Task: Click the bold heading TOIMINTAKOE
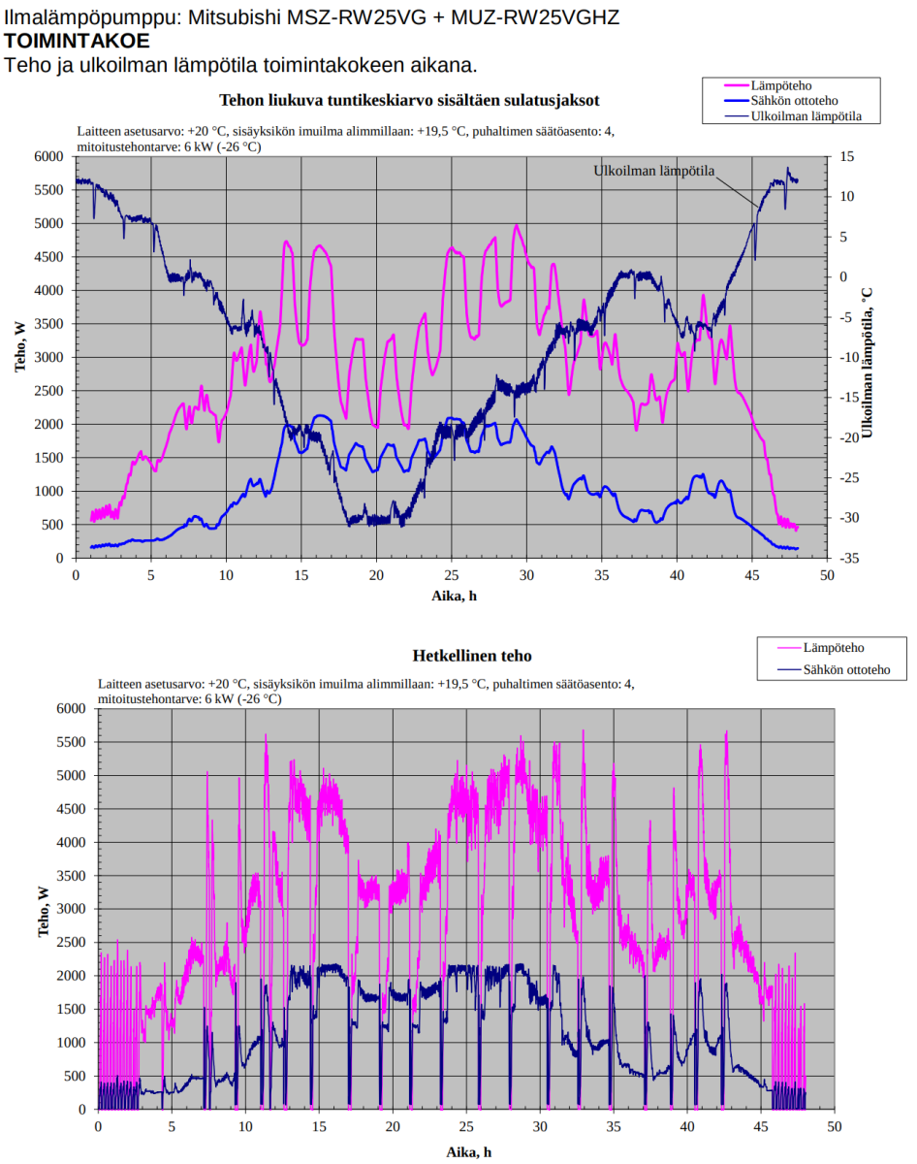coord(77,41)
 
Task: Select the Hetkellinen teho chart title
coord(472,656)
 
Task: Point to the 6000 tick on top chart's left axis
coord(48,156)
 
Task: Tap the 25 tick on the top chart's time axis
coord(451,575)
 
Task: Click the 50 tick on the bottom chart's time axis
coord(835,1127)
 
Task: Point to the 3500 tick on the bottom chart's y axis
coord(70,876)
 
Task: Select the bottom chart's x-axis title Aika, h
coord(468,1151)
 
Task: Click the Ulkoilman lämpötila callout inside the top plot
coord(653,171)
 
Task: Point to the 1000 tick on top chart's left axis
coord(48,491)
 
